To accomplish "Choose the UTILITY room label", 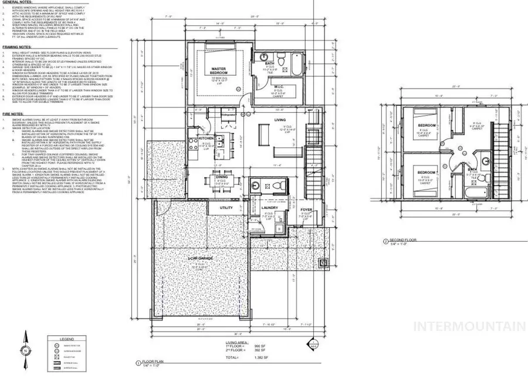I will (x=226, y=207).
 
